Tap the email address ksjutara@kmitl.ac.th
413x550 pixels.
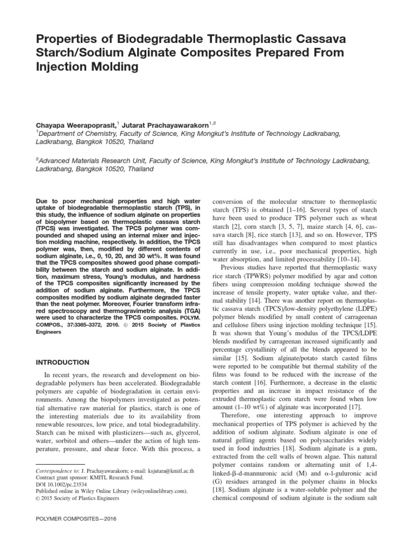pos(154,471)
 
